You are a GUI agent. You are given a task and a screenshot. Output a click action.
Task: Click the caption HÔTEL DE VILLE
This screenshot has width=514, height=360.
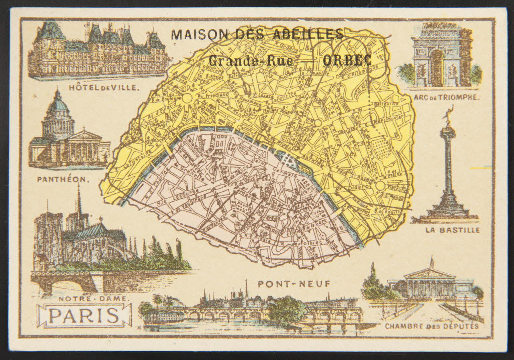(104, 87)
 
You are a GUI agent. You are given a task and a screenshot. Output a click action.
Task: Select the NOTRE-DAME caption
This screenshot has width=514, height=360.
(94, 299)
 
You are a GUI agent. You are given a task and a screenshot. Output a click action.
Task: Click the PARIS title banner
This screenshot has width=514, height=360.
(84, 316)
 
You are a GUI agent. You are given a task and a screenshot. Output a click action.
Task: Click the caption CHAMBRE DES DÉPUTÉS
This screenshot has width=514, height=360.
(432, 326)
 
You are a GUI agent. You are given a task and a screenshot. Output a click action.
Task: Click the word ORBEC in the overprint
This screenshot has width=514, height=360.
(347, 60)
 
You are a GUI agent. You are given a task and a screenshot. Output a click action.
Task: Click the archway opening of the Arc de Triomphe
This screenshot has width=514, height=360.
(437, 68)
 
